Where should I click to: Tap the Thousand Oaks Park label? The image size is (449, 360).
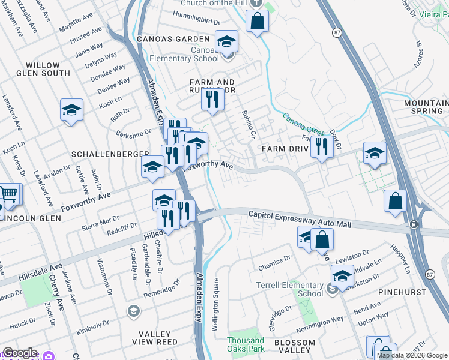coord(246,344)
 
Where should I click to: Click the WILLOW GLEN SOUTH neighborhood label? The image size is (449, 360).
coord(43,69)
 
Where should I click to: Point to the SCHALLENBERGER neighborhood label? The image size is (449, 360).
coord(110,154)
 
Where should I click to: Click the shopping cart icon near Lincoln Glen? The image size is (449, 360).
coord(9,194)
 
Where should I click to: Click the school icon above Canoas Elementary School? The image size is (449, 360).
coord(226,41)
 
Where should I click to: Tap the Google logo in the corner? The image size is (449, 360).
coord(20,353)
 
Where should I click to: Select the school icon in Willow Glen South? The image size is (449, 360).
coord(71,110)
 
